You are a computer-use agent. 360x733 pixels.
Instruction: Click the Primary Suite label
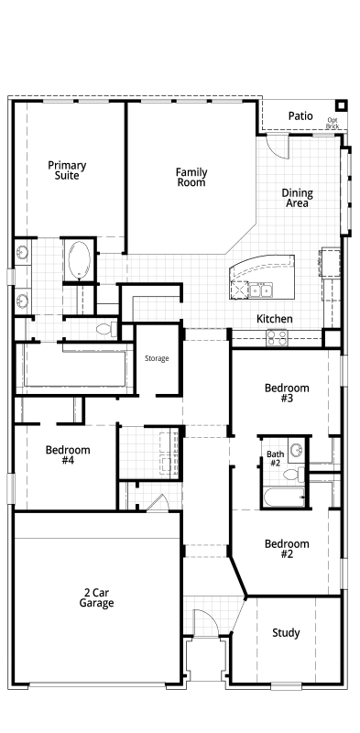click(x=67, y=170)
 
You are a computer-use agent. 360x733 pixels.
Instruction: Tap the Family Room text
click(x=191, y=177)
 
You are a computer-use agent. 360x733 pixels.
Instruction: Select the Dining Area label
click(x=298, y=198)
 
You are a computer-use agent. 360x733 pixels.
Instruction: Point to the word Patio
click(x=300, y=115)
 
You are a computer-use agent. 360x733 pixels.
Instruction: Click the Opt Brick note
click(x=333, y=123)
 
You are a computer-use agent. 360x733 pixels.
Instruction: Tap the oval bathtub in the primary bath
click(x=79, y=260)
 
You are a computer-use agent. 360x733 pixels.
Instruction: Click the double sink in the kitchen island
click(x=260, y=290)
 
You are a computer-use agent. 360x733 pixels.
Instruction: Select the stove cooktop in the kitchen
click(x=278, y=337)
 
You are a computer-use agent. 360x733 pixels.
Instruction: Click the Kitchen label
click(x=275, y=319)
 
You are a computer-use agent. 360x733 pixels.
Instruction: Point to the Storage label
click(x=157, y=358)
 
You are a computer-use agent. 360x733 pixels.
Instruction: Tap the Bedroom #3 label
click(x=287, y=393)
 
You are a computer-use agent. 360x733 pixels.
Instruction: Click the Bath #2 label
click(x=276, y=458)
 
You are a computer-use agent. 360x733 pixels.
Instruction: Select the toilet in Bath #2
click(x=294, y=475)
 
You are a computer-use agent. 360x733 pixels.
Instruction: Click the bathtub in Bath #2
click(x=284, y=497)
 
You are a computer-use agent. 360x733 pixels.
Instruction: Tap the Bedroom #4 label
click(x=68, y=454)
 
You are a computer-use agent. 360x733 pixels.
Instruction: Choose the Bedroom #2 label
click(x=287, y=548)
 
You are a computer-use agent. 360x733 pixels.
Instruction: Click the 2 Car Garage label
click(x=96, y=598)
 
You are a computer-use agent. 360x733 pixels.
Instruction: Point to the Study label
click(x=286, y=633)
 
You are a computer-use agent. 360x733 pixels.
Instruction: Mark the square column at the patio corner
click(x=342, y=105)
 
